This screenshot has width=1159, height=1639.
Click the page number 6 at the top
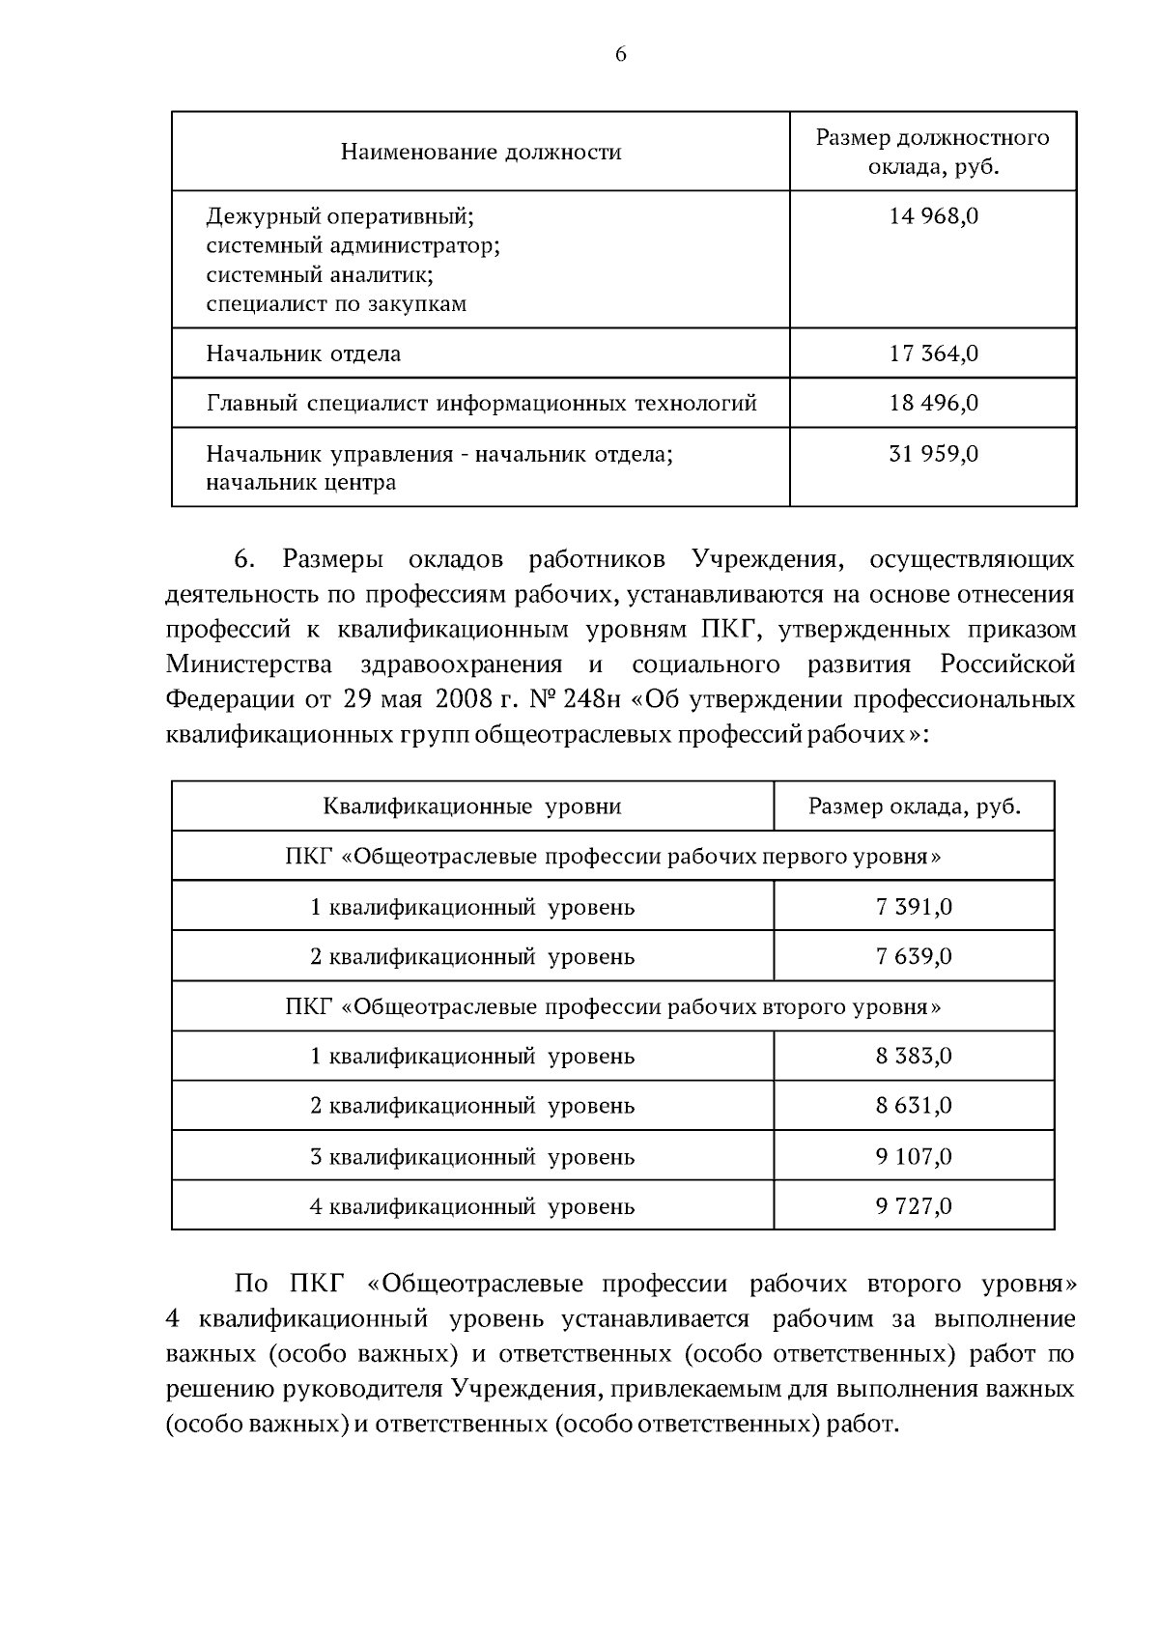coord(620,55)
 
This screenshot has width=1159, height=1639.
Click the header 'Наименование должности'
coord(480,153)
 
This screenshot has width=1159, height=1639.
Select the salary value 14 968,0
coord(933,216)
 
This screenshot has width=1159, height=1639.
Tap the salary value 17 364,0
coord(933,353)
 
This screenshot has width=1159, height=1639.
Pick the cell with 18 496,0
coord(933,404)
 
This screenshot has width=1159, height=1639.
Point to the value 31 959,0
coord(933,454)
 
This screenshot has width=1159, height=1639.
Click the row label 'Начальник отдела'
coord(303,353)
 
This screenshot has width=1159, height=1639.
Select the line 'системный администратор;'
coord(353,245)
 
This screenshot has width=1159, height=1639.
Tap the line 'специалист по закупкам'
coord(336,304)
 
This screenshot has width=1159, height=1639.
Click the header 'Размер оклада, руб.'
coord(914,806)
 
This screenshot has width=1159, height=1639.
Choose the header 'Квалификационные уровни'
coord(471,806)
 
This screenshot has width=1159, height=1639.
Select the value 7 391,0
coord(914,907)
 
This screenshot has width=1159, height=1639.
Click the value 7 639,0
coord(914,957)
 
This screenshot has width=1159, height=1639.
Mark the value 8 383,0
coord(914,1057)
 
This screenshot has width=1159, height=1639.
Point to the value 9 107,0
coord(914,1156)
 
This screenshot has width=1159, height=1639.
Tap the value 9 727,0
coord(914,1206)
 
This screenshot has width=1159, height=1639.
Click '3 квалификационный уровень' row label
coord(471,1156)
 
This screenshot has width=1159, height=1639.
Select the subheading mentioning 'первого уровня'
coord(613,857)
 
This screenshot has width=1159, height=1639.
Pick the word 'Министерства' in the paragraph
coord(248,664)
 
